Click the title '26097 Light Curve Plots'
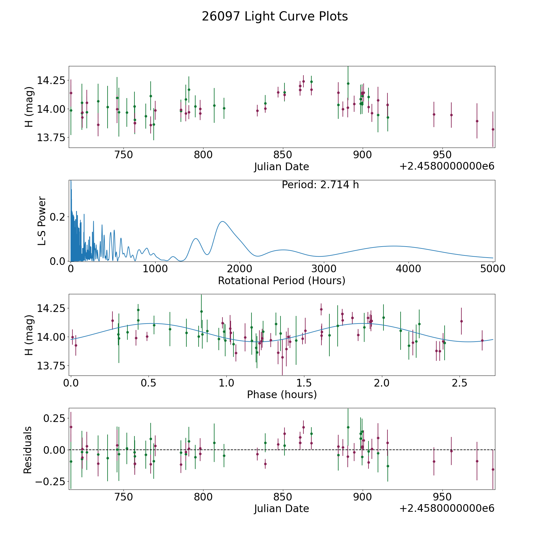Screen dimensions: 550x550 pyautogui.click(x=275, y=16)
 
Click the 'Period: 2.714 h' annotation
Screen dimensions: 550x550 pyautogui.click(x=320, y=185)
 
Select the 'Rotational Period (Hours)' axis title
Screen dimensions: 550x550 pyautogui.click(x=281, y=280)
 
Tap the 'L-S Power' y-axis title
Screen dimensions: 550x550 pyautogui.click(x=42, y=221)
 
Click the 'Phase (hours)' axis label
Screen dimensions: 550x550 pyautogui.click(x=282, y=394)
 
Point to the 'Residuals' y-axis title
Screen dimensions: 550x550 pyautogui.click(x=28, y=450)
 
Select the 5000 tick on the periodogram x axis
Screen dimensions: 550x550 pyautogui.click(x=493, y=269)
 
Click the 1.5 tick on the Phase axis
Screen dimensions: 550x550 pyautogui.click(x=304, y=383)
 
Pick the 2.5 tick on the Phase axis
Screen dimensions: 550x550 pyautogui.click(x=460, y=383)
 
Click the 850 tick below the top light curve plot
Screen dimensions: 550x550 pyautogui.click(x=283, y=155)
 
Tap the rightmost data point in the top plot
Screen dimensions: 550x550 pyautogui.click(x=493, y=129)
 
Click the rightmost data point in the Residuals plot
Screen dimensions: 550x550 pyautogui.click(x=493, y=469)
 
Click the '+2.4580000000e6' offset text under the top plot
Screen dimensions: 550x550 pyautogui.click(x=447, y=166)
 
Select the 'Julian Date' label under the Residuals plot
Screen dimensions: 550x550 pyautogui.click(x=281, y=508)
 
